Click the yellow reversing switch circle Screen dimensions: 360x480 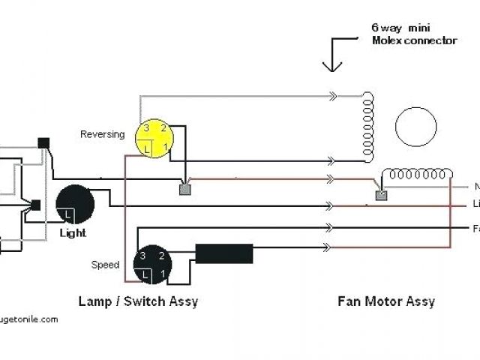(154, 139)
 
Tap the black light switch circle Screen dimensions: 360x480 (75, 204)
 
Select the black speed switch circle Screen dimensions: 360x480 (153, 265)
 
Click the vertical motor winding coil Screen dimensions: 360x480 (368, 127)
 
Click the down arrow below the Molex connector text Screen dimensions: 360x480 (331, 56)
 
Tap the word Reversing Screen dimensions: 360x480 (103, 134)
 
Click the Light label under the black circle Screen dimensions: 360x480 (73, 233)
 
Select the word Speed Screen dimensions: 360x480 (105, 265)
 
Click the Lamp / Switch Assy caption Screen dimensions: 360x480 (138, 301)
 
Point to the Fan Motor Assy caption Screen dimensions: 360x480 (385, 301)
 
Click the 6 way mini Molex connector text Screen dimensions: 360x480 (413, 34)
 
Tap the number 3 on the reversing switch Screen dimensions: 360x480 (148, 129)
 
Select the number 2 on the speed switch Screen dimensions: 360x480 (163, 256)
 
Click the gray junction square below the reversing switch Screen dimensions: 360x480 (184, 189)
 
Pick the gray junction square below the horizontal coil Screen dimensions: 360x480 (380, 196)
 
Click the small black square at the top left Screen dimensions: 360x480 (43, 142)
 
